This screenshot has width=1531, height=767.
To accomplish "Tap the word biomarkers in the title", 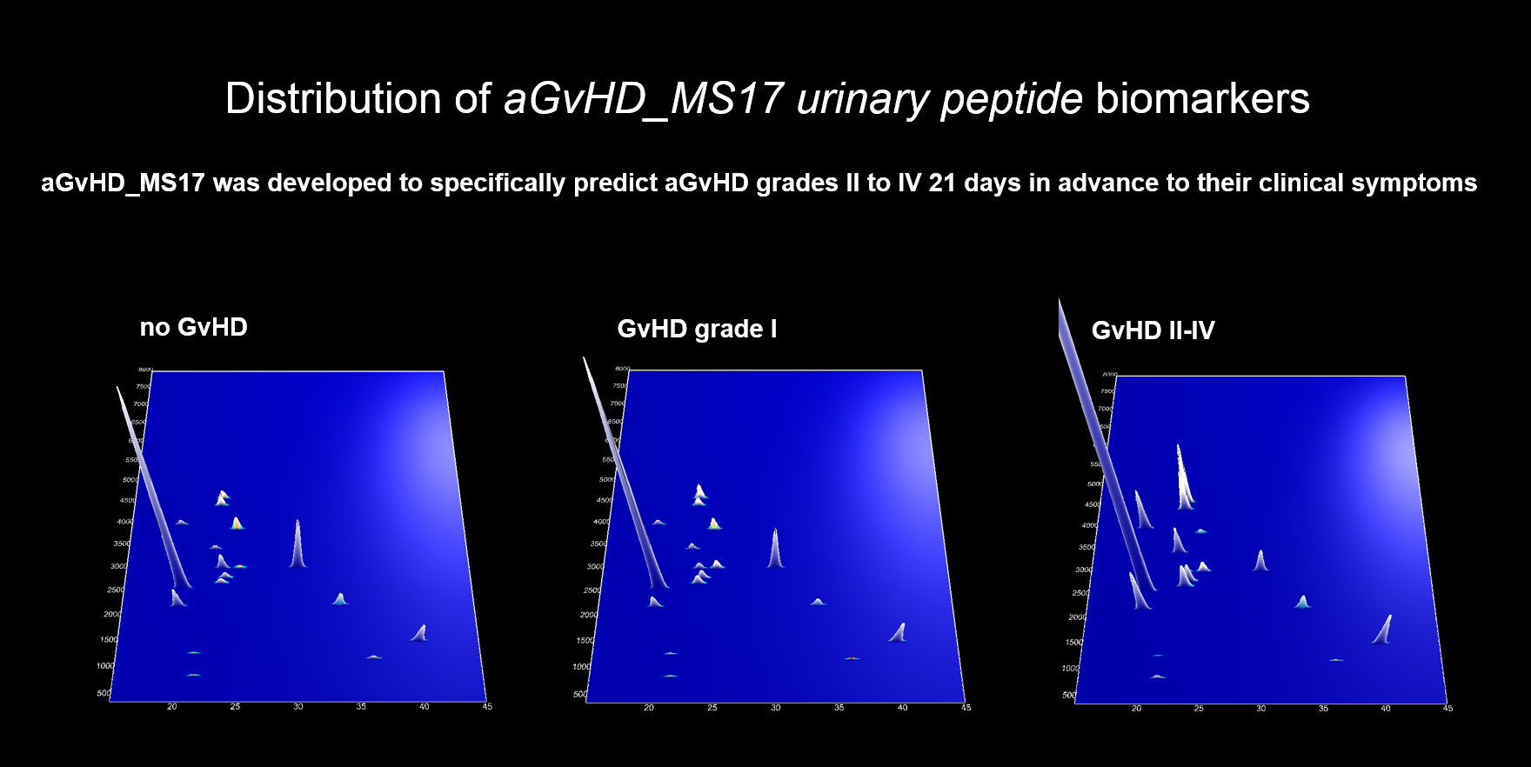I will (1202, 99).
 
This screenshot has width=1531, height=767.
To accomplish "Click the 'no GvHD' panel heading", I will (194, 327).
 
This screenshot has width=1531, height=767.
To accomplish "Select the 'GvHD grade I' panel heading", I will (697, 329).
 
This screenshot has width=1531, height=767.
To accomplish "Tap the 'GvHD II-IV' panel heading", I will (1153, 330).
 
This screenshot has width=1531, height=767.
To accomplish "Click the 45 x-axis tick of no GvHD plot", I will (487, 706).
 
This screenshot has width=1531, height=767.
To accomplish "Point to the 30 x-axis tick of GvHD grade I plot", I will (775, 707).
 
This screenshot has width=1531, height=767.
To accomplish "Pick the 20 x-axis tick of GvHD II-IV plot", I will (1136, 708).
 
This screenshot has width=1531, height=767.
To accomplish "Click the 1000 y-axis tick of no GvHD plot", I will (105, 665).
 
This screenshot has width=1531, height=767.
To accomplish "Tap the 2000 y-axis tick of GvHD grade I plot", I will (589, 615).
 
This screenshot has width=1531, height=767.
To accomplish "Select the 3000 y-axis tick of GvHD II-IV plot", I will (1084, 570).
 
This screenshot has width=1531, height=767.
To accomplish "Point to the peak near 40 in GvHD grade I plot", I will (898, 632).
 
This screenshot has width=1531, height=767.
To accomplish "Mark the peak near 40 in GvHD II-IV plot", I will (1382, 629).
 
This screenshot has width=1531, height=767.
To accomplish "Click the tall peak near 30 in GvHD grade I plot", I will (775, 550).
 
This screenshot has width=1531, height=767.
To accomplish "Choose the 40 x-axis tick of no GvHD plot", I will (424, 706).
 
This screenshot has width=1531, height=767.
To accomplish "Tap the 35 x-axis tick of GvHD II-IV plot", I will (1323, 708).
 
